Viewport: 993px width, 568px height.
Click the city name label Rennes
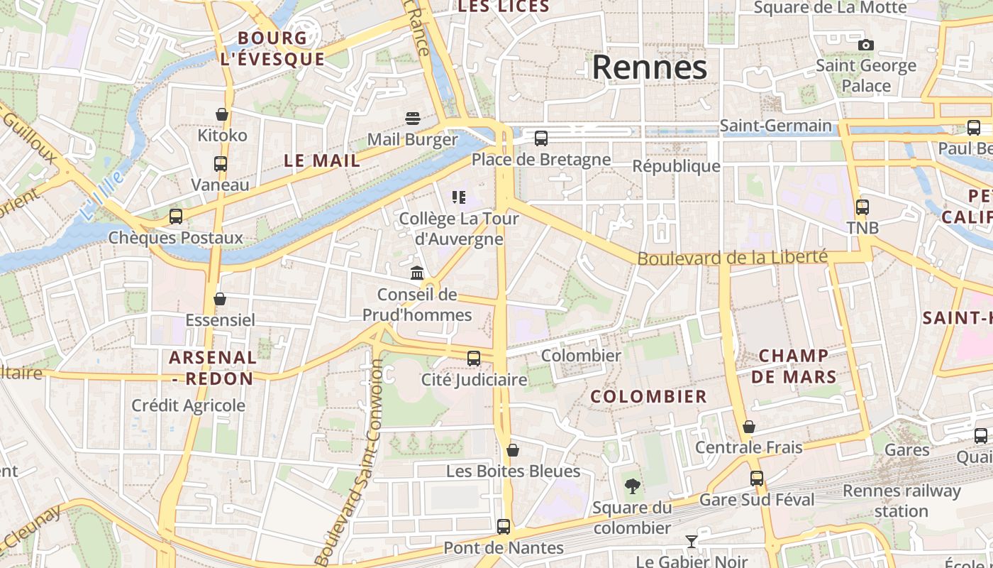coord(649,67)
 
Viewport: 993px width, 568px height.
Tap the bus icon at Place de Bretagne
coord(541,138)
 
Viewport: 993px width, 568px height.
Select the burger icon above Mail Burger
coord(413,118)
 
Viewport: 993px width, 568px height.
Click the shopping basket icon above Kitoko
coord(222,114)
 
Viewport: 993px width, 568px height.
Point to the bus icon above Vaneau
coord(221,163)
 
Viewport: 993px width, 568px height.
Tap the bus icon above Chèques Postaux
coord(175,217)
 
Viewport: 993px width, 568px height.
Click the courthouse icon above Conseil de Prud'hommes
coord(417,273)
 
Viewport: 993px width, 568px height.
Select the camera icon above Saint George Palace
coord(865,45)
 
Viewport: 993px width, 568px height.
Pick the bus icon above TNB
coord(862,207)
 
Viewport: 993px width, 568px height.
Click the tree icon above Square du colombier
coord(632,486)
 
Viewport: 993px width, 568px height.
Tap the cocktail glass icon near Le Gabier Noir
coord(692,542)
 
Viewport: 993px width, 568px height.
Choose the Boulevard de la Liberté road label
coord(732,257)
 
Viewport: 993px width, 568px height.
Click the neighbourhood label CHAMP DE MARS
coord(794,366)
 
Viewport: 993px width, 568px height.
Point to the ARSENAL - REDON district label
coord(213,368)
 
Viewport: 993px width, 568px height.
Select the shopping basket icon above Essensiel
coord(220,299)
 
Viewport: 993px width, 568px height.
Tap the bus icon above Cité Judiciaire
coord(474,359)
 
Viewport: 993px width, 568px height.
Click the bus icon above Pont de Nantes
coord(504,526)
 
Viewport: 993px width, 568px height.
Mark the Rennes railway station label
coord(901,501)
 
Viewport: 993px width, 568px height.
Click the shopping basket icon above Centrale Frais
coord(748,427)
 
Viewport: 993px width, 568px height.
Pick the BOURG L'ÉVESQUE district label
coord(272,48)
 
